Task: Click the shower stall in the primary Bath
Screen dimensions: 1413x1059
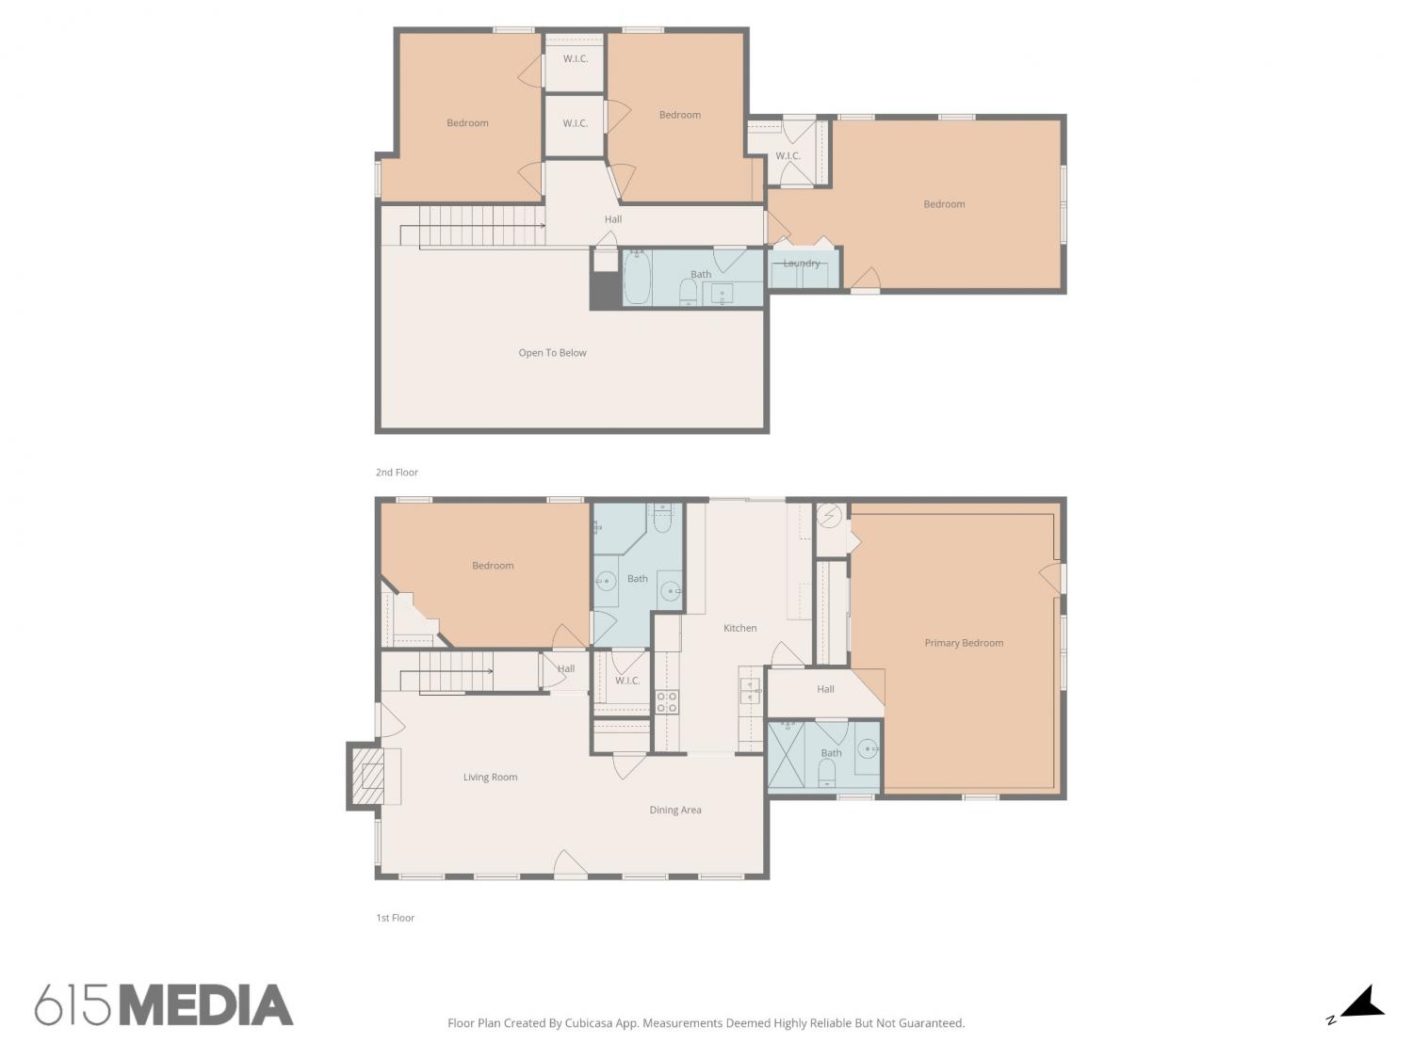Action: pyautogui.click(x=786, y=755)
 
